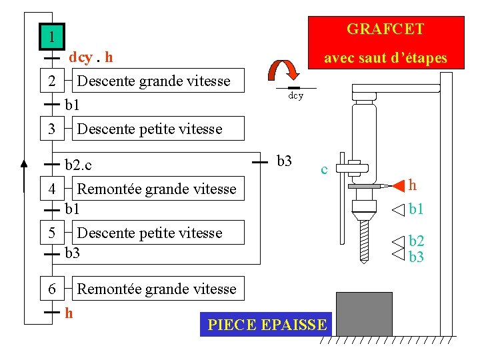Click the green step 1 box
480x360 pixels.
point(51,37)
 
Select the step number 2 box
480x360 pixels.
point(52,82)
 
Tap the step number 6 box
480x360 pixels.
point(52,289)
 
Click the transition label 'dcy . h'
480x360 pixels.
point(91,57)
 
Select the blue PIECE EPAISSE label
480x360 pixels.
point(267,325)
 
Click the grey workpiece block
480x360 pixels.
point(364,313)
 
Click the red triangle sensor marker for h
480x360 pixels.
point(397,185)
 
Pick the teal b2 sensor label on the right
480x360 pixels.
point(417,241)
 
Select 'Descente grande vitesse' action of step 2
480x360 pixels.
point(153,82)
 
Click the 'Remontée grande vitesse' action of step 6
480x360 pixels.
point(157,289)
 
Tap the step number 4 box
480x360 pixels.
point(52,189)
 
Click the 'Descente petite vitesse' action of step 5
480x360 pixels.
point(149,233)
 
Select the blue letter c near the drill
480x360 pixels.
point(324,169)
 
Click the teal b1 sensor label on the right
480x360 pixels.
point(417,209)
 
